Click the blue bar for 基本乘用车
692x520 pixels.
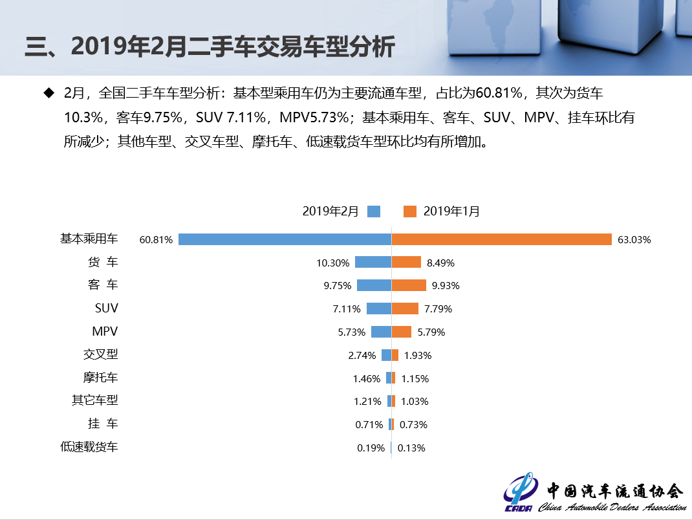click(x=285, y=239)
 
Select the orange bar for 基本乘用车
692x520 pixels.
click(x=501, y=239)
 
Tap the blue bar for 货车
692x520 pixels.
click(x=373, y=262)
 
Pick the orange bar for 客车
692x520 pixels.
click(x=409, y=285)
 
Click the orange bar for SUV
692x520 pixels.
click(x=405, y=309)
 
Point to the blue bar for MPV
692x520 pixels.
click(x=381, y=332)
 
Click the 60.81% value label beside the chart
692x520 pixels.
click(x=156, y=240)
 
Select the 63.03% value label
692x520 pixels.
click(x=634, y=240)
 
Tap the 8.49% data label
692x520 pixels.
click(x=440, y=263)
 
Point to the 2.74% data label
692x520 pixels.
click(x=362, y=355)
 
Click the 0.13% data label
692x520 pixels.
click(x=411, y=448)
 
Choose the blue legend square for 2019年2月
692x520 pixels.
click(x=374, y=211)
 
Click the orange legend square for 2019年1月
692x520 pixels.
click(x=409, y=211)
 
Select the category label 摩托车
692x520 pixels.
click(x=100, y=377)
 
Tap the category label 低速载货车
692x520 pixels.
click(x=89, y=446)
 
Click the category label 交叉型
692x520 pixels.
click(x=100, y=354)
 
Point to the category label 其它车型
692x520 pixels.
click(x=94, y=400)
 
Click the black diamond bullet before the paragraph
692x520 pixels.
click(x=48, y=93)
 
